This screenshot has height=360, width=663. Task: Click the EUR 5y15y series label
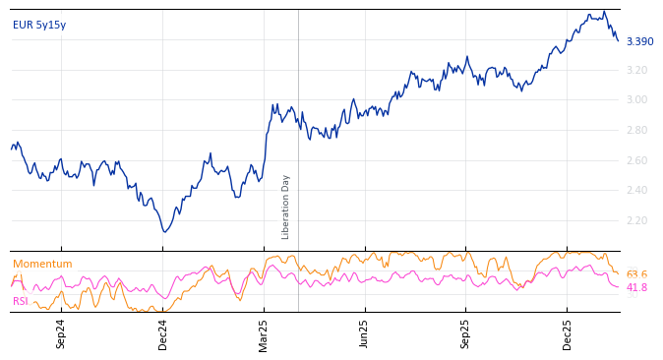(x=39, y=26)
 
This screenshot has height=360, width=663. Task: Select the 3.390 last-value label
(x=639, y=41)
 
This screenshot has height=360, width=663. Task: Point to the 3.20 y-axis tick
(x=636, y=70)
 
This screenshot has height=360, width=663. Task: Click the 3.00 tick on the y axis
(x=636, y=99)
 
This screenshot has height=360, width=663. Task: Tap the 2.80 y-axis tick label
(x=636, y=130)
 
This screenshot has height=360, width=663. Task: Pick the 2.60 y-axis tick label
(x=636, y=160)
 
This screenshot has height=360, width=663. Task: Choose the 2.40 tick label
(x=636, y=190)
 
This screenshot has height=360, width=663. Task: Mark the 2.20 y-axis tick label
(x=636, y=220)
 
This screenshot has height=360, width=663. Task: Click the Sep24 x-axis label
(x=61, y=333)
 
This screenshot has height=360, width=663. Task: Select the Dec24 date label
(x=163, y=333)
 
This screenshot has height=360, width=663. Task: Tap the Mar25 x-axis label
(x=264, y=333)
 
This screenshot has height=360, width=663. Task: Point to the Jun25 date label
(x=365, y=333)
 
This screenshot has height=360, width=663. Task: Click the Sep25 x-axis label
(x=466, y=333)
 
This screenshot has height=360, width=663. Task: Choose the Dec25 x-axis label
(x=568, y=333)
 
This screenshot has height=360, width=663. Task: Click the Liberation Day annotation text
(x=286, y=207)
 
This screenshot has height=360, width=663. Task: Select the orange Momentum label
(x=42, y=264)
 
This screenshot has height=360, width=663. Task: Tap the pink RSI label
(x=21, y=301)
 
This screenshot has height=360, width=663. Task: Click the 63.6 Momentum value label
(x=636, y=274)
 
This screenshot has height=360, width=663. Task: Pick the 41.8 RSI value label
(x=636, y=287)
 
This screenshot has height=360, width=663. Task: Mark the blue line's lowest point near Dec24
(x=164, y=232)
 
